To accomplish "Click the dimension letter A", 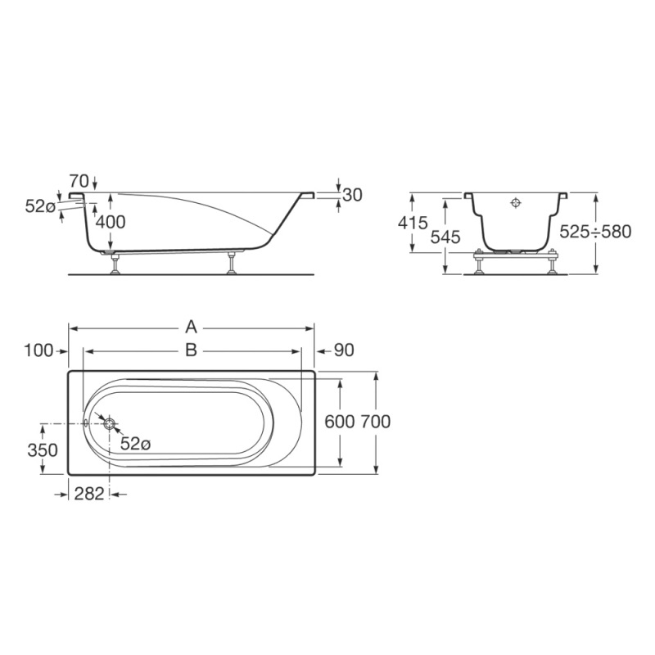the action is tap(191, 327).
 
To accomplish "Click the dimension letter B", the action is tap(191, 350).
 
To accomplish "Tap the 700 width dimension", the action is tap(376, 422).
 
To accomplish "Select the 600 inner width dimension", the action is tap(340, 422).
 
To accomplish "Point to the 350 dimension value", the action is tap(43, 450).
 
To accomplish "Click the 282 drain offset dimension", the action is tap(89, 495).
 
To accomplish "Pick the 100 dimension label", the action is tap(38, 350).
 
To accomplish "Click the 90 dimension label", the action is tap(344, 350).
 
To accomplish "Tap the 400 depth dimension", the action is tap(111, 222).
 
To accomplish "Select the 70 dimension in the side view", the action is tap(79, 181).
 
